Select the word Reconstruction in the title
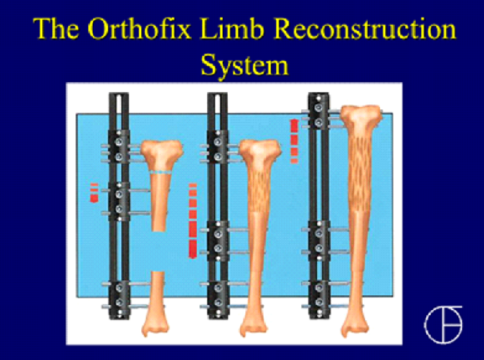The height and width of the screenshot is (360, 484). point(364,29)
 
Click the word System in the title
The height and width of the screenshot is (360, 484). point(244,65)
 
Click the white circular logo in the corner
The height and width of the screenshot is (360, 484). point(443,325)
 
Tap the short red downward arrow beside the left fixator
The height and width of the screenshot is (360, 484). point(94,193)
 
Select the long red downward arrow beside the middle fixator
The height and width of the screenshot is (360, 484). point(193,221)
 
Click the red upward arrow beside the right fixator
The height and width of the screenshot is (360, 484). point(294,141)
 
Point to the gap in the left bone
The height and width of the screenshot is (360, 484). point(158,251)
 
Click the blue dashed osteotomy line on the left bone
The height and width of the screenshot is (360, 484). point(160,172)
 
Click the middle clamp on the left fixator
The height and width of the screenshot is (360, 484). point(119,202)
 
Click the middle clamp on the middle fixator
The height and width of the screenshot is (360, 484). point(218,240)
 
